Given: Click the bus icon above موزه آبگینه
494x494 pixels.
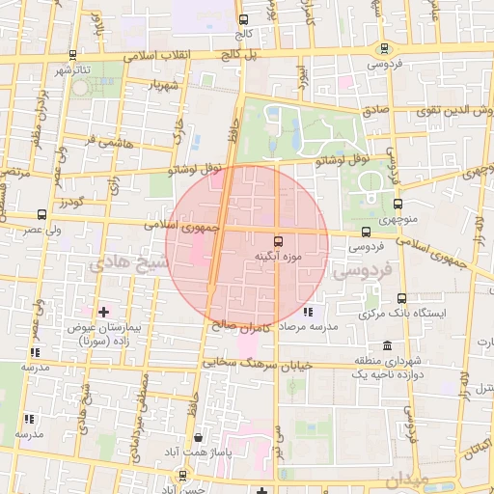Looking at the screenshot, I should tap(279, 241).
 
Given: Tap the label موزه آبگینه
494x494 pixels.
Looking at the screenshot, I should tap(278, 257).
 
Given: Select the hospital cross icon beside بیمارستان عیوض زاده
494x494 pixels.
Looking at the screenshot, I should tap(103, 312).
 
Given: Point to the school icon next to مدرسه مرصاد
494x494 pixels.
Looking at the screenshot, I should tap(308, 313).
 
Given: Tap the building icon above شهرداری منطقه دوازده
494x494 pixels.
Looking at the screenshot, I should tap(387, 345).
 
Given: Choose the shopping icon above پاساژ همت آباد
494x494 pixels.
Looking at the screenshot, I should tap(198, 436).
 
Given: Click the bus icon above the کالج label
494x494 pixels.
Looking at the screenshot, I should tap(242, 19).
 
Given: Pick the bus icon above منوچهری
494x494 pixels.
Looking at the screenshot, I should tap(398, 204).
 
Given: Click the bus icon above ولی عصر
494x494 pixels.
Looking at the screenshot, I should tap(41, 214).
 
